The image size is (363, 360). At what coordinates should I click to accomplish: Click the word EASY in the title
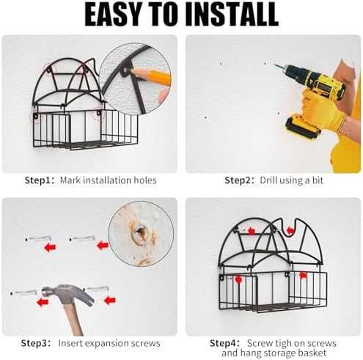112,14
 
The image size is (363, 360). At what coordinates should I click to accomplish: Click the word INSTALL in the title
234,14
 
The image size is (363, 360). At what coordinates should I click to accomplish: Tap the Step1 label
39,180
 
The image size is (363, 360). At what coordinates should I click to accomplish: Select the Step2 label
239,180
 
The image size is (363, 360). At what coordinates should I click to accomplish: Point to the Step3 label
36,343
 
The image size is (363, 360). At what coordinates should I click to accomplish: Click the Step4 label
224,343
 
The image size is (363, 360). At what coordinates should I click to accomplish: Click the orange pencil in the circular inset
151,76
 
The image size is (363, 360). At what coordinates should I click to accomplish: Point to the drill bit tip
274,65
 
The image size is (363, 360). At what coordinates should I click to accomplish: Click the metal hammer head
68,295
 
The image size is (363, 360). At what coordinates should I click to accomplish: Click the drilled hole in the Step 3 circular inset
140,232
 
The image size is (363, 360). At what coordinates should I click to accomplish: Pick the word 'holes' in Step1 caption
145,180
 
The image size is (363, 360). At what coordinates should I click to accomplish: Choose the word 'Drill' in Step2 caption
268,180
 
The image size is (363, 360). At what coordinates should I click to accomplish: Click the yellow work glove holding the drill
322,110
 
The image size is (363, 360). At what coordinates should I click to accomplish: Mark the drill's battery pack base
303,128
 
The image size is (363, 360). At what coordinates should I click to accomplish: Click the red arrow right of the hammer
110,300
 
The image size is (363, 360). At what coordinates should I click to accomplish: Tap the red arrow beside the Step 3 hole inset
103,246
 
